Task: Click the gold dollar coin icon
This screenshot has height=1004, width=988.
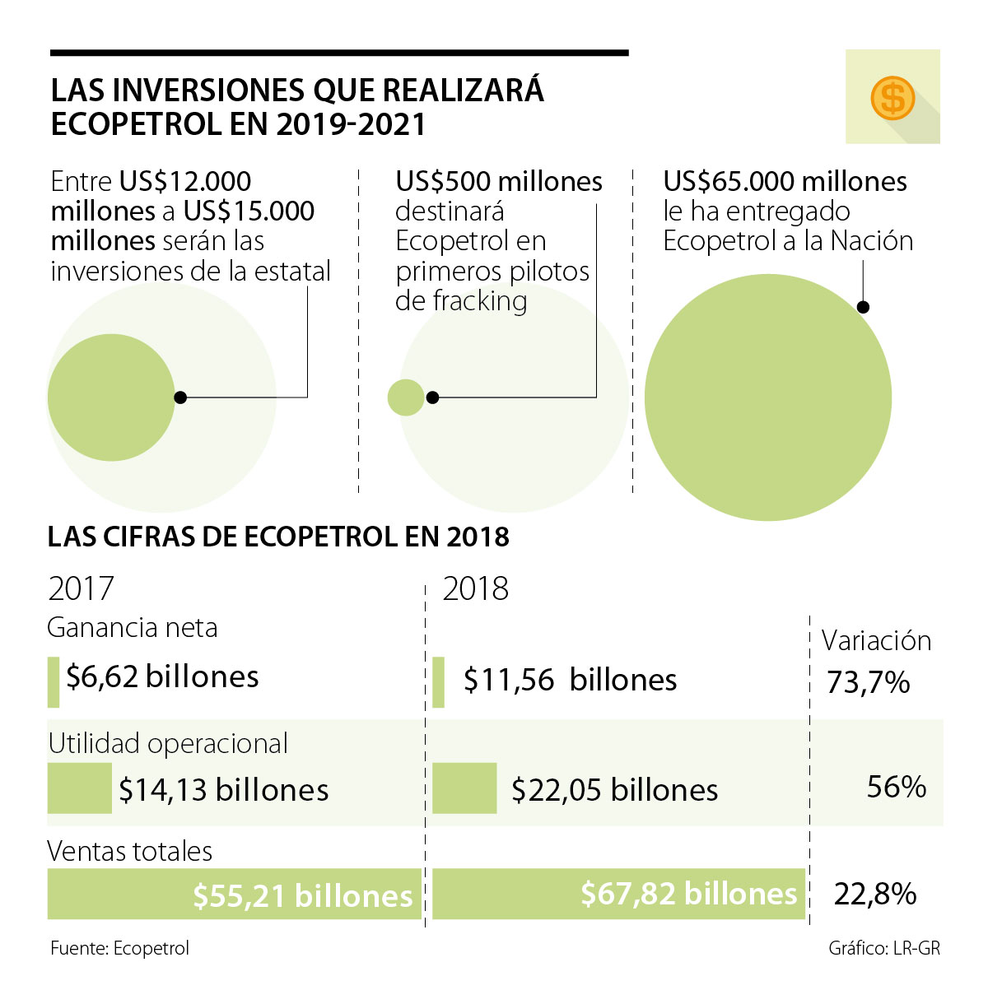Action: (892, 98)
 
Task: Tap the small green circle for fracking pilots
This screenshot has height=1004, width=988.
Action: (405, 397)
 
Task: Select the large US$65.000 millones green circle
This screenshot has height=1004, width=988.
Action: (767, 397)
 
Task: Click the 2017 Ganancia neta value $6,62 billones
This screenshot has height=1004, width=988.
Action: (162, 677)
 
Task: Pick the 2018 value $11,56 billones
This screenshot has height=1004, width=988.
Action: (570, 681)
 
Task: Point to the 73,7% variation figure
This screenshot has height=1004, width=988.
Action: (868, 682)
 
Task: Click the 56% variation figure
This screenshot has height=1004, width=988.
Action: (896, 788)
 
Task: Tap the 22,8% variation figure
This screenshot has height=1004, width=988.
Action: (874, 894)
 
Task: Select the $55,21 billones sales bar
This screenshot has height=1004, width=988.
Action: (234, 894)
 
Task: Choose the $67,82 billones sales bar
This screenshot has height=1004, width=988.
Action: (617, 894)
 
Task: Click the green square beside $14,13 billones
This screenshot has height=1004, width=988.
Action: (79, 788)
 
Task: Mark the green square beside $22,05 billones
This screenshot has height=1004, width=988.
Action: (464, 788)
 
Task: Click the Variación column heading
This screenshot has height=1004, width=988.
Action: (876, 641)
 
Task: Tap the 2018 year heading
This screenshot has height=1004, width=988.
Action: (475, 589)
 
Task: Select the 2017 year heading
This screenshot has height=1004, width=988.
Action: (81, 589)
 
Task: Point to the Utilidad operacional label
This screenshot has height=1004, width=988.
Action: (168, 744)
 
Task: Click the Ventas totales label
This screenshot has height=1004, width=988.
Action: (130, 851)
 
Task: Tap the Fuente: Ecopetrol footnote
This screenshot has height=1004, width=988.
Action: (119, 948)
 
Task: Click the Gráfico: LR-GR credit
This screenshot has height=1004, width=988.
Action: (883, 948)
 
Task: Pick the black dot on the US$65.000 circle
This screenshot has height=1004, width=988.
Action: (863, 307)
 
